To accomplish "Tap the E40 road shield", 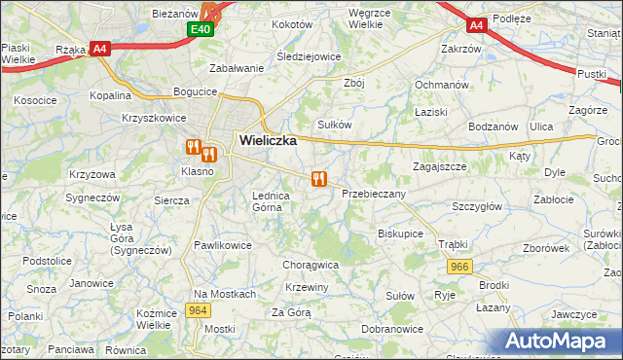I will (200, 30).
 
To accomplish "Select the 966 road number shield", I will (460, 267).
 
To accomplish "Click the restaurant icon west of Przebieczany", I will (317, 179).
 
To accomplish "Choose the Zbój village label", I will (353, 83).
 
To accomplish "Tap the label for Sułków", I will (334, 125).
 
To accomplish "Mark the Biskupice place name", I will (400, 234).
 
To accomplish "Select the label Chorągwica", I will (310, 264).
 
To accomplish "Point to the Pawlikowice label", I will (223, 245).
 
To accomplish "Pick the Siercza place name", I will (171, 200).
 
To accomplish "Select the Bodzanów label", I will (493, 127).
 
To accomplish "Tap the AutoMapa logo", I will (556, 342).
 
